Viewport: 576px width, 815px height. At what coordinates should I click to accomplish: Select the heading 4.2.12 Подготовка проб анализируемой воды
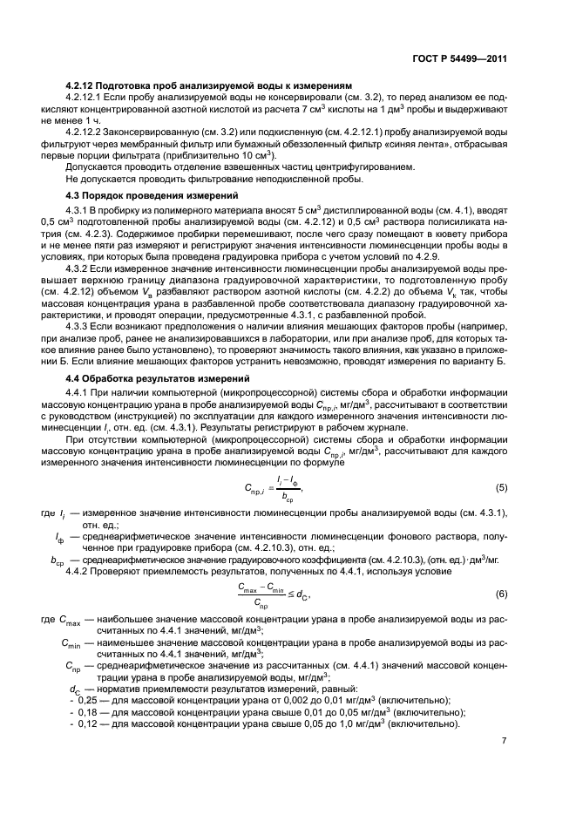pos(209,85)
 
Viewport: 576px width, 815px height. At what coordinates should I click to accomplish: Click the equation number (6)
pos(501,594)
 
